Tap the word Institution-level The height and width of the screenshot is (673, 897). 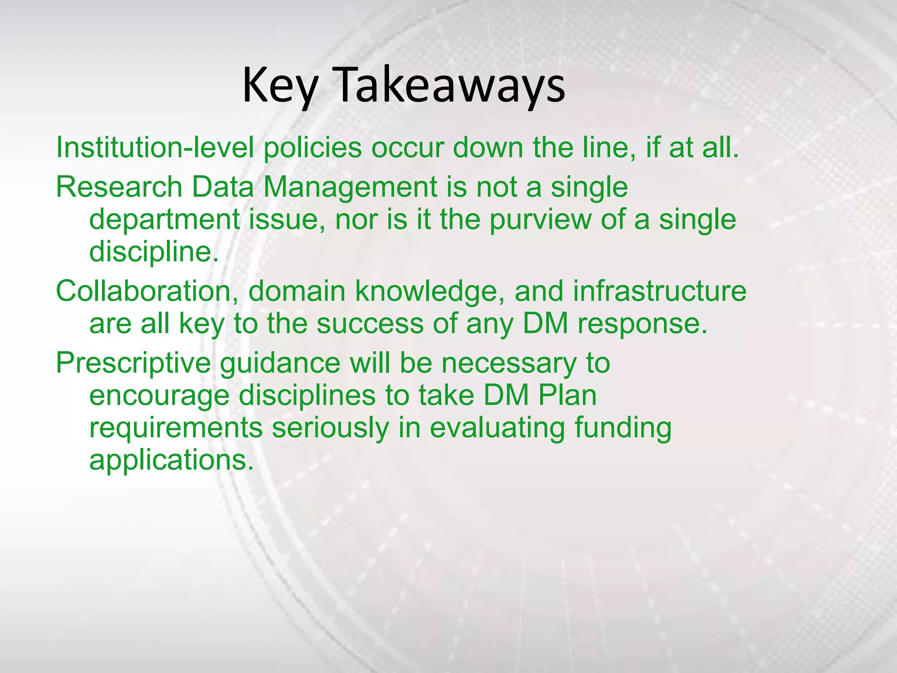tap(155, 148)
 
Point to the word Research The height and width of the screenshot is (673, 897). tap(119, 187)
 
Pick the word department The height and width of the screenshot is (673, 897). tap(164, 220)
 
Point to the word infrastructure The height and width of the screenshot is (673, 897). tap(660, 291)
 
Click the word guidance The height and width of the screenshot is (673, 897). tap(280, 364)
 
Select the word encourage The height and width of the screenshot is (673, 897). tap(159, 397)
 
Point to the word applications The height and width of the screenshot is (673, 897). tap(171, 461)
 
